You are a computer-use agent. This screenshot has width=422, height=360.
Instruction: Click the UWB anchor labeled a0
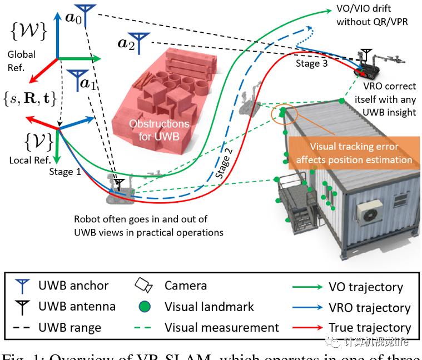(x=85, y=12)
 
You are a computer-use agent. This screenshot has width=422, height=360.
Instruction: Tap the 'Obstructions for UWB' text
(x=159, y=129)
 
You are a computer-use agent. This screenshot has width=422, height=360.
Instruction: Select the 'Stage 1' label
(x=64, y=172)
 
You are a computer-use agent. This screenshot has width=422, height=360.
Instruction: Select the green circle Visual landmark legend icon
(x=143, y=307)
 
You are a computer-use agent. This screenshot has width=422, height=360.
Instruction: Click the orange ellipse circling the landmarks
(x=284, y=113)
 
